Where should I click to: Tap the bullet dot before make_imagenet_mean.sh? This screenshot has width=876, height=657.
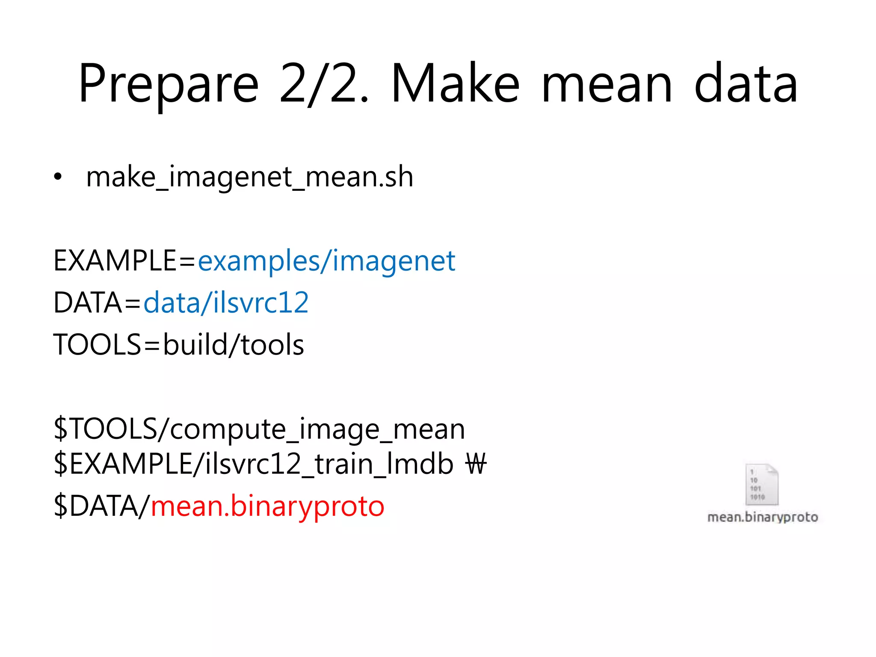click(58, 176)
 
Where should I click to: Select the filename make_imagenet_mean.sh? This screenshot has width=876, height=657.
click(250, 176)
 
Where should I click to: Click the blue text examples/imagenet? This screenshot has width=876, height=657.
click(326, 261)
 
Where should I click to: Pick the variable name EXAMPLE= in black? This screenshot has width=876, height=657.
click(124, 261)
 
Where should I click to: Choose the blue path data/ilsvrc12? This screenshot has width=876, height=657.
click(226, 303)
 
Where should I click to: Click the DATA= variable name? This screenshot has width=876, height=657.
click(97, 303)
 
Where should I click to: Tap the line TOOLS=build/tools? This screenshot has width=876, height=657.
click(178, 345)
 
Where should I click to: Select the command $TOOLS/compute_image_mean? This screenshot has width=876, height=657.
click(259, 429)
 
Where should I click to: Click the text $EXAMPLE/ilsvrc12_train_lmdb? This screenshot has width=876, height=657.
click(253, 464)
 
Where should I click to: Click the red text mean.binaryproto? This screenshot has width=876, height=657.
click(268, 506)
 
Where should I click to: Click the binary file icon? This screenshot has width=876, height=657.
click(762, 484)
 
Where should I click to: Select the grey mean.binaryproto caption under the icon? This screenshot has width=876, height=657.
click(763, 517)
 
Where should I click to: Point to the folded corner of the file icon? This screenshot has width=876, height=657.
click(772, 470)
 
